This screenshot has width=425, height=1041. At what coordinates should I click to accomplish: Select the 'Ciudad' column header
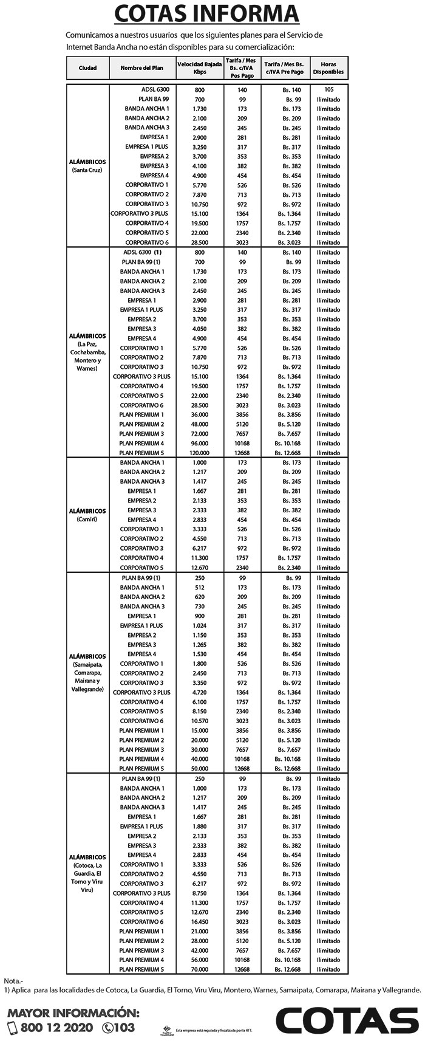pos(87,67)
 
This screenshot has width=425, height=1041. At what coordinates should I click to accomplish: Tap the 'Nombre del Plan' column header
pos(143,67)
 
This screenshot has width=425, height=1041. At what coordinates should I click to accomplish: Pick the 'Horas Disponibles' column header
pos(328,67)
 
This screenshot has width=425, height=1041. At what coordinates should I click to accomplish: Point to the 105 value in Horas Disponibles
pos(328,89)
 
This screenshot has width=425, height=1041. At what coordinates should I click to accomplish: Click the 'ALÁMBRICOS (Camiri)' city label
pos(87,515)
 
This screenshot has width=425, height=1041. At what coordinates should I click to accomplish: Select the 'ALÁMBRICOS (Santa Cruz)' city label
pos(87,165)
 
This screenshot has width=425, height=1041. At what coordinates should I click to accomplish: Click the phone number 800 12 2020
pos(56,1028)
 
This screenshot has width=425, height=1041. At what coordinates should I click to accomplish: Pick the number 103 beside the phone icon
pos(123,1028)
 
